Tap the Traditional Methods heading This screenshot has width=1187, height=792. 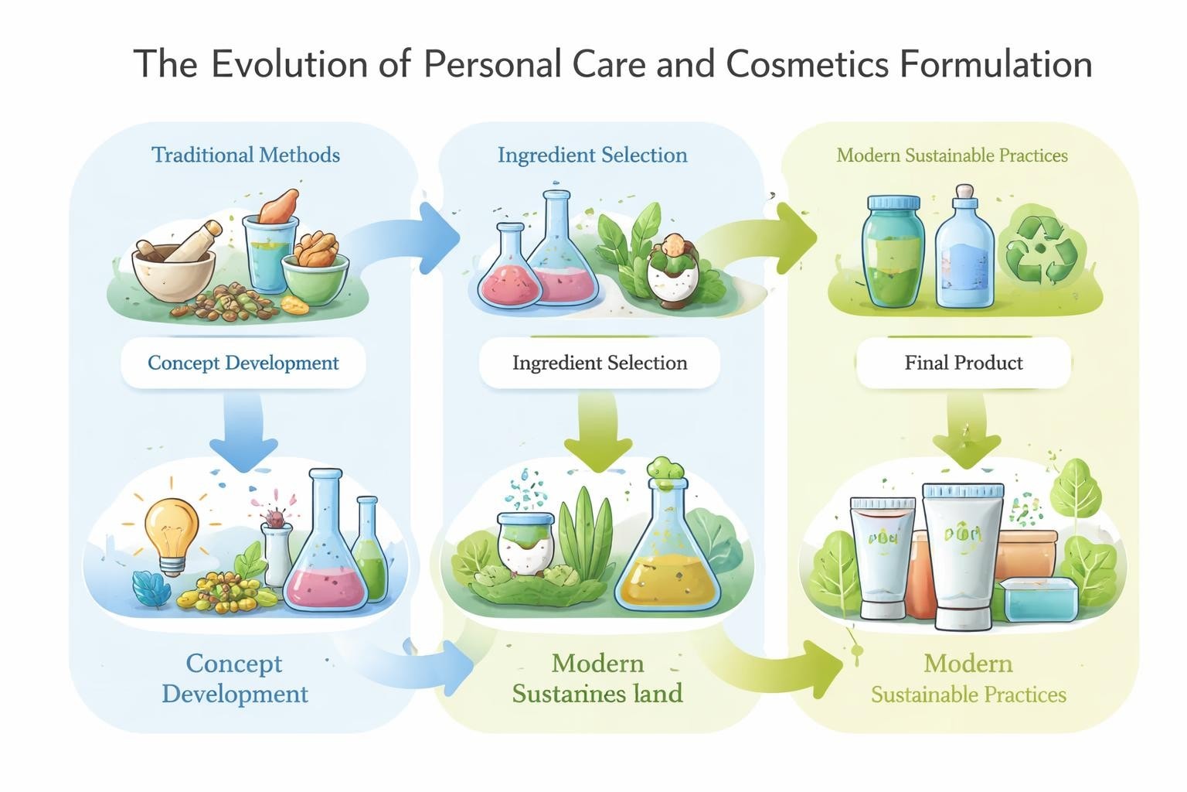[x=246, y=155]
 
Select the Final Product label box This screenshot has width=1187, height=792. [x=964, y=363]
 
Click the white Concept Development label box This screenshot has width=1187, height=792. [x=243, y=363]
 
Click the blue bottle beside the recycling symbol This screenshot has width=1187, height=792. [x=964, y=251]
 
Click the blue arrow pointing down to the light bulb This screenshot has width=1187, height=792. [x=243, y=433]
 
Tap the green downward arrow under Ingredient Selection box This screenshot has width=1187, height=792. [x=599, y=433]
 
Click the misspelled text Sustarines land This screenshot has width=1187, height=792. [x=597, y=693]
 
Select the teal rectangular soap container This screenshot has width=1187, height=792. [x=1039, y=599]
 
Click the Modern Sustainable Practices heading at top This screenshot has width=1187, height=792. [x=951, y=155]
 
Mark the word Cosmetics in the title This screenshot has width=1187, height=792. [x=808, y=63]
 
